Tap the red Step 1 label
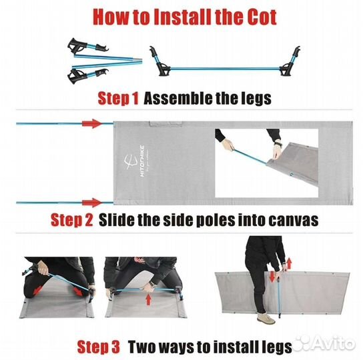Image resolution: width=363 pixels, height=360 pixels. pyautogui.click(x=118, y=98)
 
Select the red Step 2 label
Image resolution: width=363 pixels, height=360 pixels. pyautogui.click(x=72, y=219)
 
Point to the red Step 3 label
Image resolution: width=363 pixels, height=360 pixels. pyautogui.click(x=99, y=347)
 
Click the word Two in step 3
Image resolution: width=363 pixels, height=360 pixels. pyautogui.click(x=142, y=347)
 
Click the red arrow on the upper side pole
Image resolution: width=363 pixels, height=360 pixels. pyautogui.click(x=92, y=123)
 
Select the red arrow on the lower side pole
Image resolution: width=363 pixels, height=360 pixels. pyautogui.click(x=92, y=203)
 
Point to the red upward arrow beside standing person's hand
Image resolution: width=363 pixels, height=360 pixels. pyautogui.click(x=289, y=263)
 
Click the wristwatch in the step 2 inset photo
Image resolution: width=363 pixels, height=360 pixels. pyautogui.click(x=278, y=144)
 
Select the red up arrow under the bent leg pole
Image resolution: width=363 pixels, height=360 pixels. pyautogui.click(x=149, y=299)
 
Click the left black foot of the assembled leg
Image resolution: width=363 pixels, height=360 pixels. pyautogui.click(x=163, y=70)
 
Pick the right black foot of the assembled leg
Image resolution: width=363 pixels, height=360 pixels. pyautogui.click(x=286, y=71)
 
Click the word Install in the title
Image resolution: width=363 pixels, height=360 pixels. pyautogui.click(x=182, y=17)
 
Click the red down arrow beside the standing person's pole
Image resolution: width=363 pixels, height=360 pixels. pyautogui.click(x=272, y=277)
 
